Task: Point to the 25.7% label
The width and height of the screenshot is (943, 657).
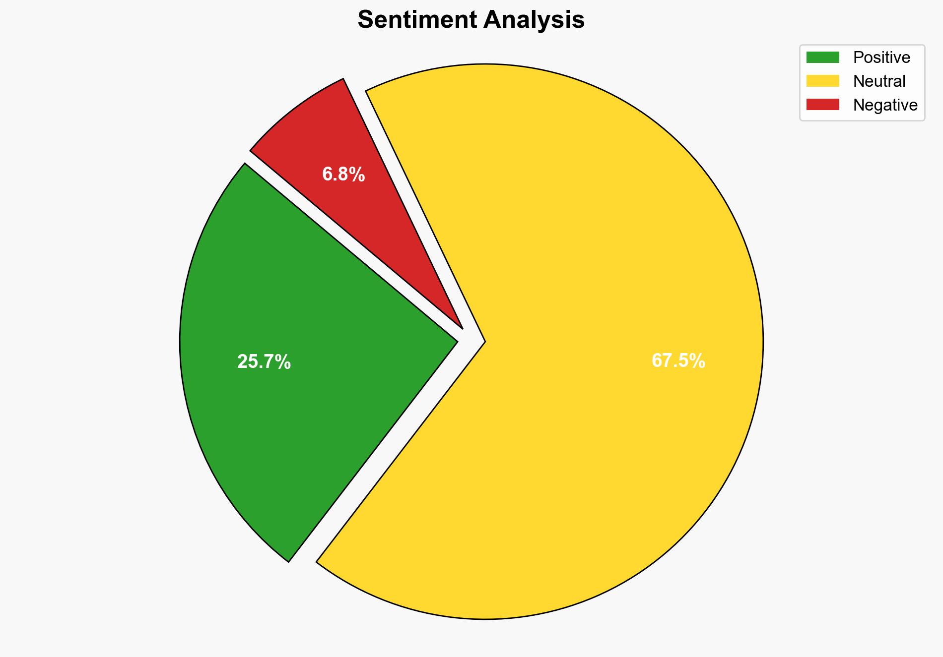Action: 264,362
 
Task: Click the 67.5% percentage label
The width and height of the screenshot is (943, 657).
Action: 678,361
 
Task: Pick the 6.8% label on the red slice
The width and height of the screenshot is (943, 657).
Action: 343,175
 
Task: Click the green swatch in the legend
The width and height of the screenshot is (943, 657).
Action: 822,58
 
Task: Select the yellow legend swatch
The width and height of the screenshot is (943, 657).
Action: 822,81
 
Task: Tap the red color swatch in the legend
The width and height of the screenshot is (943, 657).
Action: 822,105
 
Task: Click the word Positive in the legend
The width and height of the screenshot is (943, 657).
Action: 881,58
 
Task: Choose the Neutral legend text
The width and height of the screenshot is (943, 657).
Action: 879,81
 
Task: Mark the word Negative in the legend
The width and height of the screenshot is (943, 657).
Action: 885,105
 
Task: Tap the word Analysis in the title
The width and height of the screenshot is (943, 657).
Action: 534,20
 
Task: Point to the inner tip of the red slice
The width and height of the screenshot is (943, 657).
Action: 461,327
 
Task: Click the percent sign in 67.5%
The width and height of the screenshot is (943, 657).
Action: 697,361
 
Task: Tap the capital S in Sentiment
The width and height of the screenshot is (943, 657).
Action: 365,20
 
